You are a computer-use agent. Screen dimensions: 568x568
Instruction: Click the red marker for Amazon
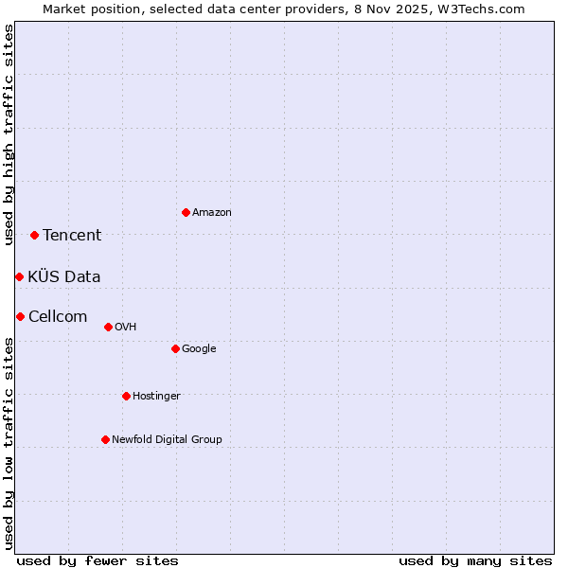[186, 212]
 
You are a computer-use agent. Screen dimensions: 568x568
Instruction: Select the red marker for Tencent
[34, 235]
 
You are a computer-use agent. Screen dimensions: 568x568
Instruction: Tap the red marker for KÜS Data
[19, 276]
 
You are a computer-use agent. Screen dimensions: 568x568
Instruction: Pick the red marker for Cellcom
[20, 316]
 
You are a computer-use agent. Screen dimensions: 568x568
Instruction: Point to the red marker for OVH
[108, 327]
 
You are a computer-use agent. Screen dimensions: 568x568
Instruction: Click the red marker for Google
[175, 348]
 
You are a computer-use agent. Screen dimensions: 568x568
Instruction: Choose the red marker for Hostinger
[126, 396]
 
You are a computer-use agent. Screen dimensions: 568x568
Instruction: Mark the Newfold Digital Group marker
[105, 439]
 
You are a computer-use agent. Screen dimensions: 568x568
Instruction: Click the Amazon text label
[212, 213]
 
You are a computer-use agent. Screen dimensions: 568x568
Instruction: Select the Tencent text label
[72, 236]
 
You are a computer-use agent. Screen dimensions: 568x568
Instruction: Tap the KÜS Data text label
[64, 276]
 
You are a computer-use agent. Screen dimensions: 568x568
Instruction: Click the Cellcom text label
[58, 316]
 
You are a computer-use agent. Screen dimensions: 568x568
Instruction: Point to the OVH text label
[126, 328]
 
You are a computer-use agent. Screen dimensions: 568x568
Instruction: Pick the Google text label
[199, 349]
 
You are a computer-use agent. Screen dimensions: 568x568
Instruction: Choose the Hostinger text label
[156, 397]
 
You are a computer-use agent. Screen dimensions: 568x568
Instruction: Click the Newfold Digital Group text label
[167, 440]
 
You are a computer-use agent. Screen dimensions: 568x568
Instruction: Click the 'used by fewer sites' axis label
[98, 560]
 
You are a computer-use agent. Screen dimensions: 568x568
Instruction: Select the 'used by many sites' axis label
[475, 560]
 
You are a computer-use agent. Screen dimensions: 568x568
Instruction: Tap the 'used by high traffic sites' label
[9, 134]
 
